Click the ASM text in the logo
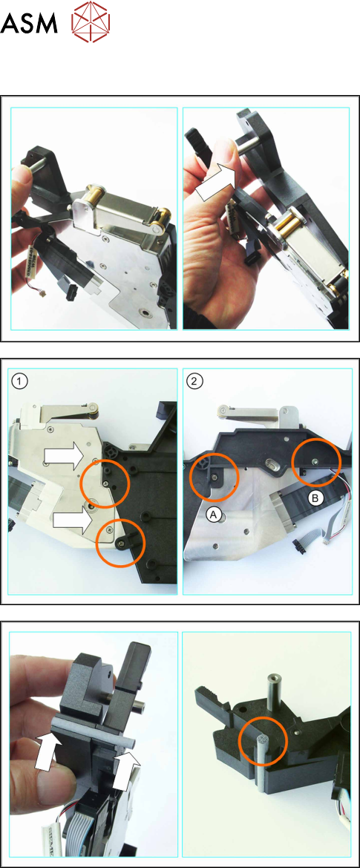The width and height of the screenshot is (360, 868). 29,23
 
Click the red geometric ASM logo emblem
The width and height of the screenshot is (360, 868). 91,22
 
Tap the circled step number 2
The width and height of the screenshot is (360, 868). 195,381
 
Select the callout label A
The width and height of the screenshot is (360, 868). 215,515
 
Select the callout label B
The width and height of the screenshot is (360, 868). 315,499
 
